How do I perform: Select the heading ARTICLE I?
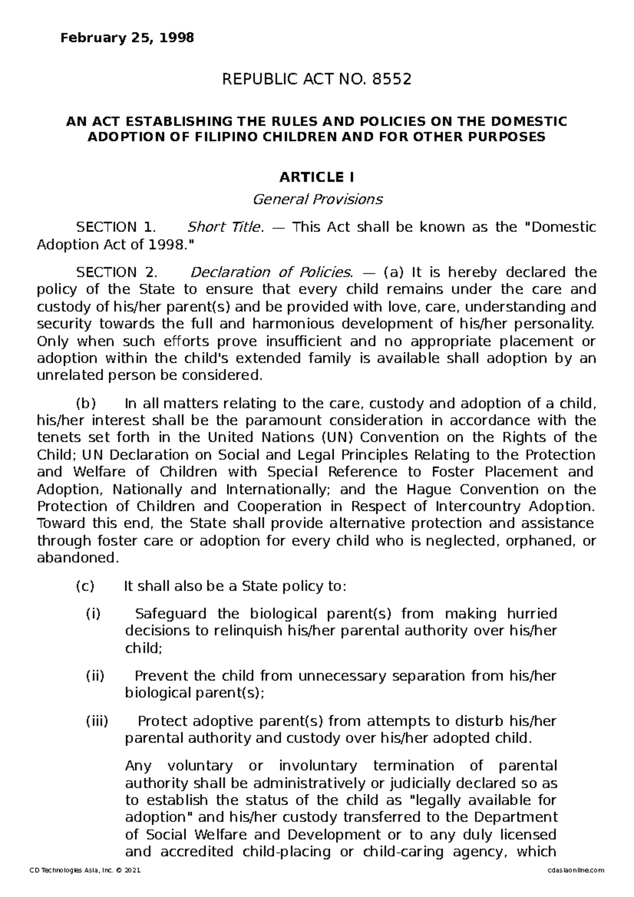(317, 176)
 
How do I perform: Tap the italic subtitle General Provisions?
(317, 199)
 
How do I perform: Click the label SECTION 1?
(116, 227)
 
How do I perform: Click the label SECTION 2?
(116, 272)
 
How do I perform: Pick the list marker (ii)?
(95, 676)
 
